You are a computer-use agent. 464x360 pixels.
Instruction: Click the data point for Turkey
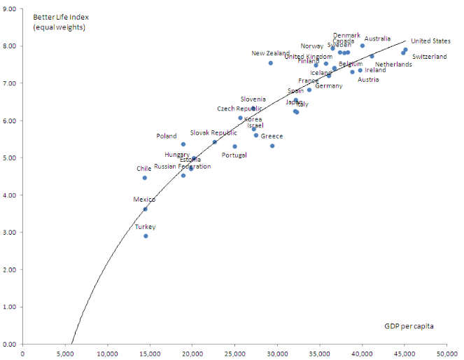click(x=146, y=236)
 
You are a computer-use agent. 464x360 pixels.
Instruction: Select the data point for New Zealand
click(x=270, y=63)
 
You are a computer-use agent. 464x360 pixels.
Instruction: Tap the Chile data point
click(x=145, y=178)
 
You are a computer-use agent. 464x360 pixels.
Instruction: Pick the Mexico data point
click(x=146, y=209)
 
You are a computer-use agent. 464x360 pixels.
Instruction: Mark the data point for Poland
click(x=183, y=144)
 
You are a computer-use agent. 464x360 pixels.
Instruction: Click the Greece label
click(x=272, y=137)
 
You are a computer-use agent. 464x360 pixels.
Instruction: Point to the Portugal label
click(x=234, y=155)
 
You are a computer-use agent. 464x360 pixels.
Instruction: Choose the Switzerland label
click(x=429, y=57)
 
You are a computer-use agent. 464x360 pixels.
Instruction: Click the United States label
click(x=430, y=41)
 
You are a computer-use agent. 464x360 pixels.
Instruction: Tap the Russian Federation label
click(x=182, y=167)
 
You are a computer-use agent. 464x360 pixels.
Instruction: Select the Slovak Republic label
click(x=213, y=133)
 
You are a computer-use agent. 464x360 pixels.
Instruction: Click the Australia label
click(x=378, y=39)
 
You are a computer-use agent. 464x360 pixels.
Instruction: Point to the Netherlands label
click(x=393, y=64)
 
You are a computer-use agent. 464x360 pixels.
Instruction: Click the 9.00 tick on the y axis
click(x=10, y=8)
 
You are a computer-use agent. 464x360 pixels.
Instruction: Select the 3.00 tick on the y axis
click(x=10, y=233)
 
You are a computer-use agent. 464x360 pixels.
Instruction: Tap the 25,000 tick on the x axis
click(x=234, y=353)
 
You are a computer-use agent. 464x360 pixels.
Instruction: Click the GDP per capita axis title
click(x=409, y=326)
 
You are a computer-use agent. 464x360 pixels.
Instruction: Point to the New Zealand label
click(x=271, y=53)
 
